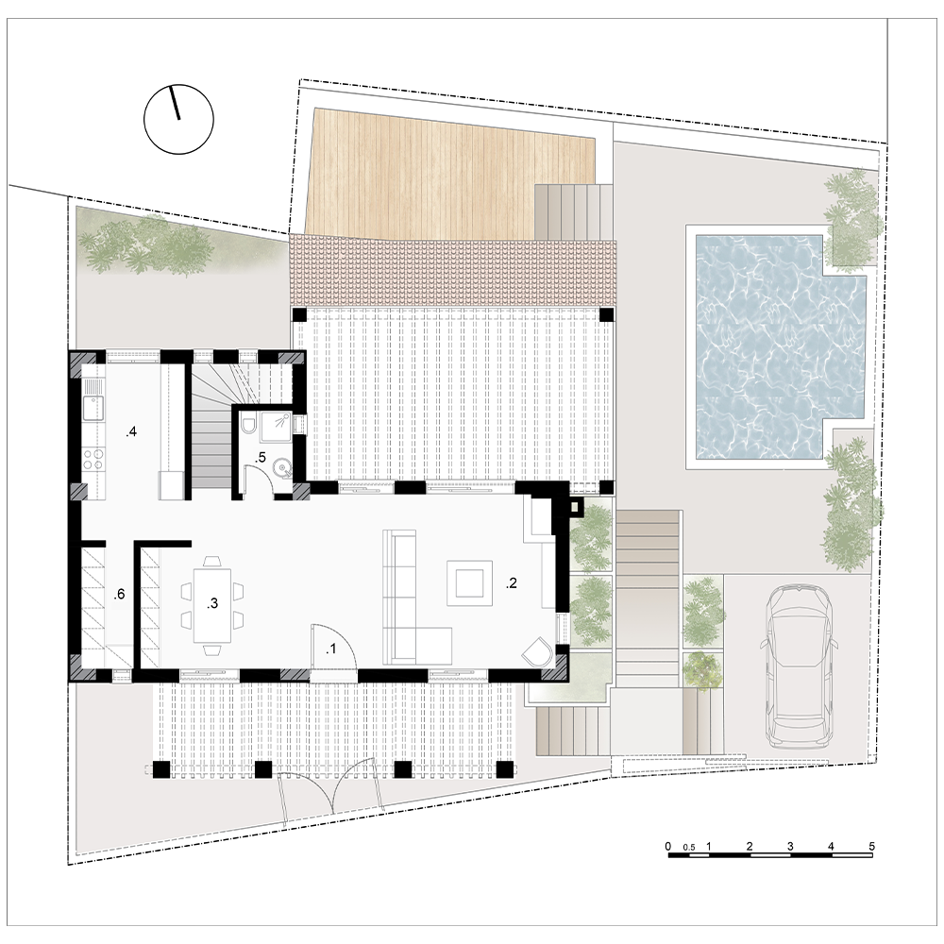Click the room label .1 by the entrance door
click(330, 649)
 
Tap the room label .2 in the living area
click(511, 582)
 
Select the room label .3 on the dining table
click(211, 603)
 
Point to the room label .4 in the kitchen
click(131, 431)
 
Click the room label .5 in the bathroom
click(261, 458)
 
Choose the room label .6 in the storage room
click(119, 594)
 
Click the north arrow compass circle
click(178, 119)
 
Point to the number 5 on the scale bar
click(871, 846)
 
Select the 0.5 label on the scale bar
click(689, 847)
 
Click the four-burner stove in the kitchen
click(93, 460)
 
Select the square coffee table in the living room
click(469, 582)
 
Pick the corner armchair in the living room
click(538, 652)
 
